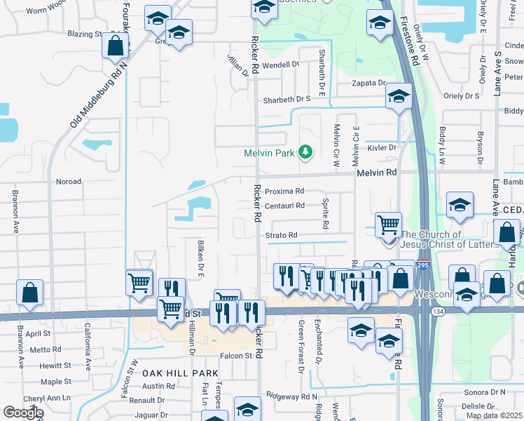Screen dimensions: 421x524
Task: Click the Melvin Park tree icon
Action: [305, 152]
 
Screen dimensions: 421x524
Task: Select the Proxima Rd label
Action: [284, 191]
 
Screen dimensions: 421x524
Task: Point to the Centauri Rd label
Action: [284, 206]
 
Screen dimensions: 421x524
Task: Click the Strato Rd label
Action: [282, 234]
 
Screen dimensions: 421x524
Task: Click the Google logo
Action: [24, 412]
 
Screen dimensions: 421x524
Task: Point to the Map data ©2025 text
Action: [494, 415]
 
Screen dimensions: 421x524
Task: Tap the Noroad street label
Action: [69, 180]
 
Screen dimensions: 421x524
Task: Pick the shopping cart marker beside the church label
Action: [388, 226]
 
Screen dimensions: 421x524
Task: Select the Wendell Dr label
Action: [281, 64]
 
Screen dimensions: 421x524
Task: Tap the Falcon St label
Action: [236, 356]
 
